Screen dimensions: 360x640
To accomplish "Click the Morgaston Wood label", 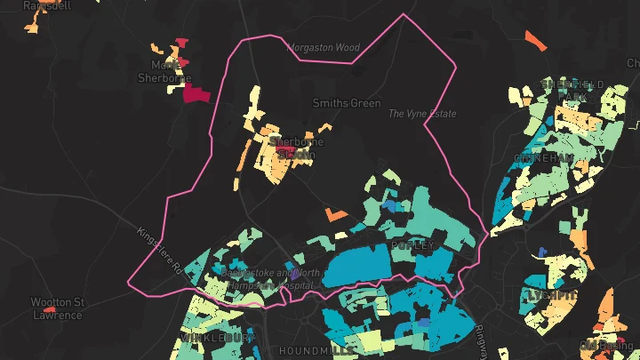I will pos(323,47).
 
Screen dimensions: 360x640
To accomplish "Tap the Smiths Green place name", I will pos(347,103).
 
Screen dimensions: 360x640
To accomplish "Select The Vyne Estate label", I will pos(422,114).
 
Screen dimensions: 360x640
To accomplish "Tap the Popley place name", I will pos(412,244).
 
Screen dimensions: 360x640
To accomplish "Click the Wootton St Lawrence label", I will pos(57,308).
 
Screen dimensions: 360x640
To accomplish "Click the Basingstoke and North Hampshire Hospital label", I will pos(271,279).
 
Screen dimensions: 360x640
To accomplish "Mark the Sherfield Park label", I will pos(576,89).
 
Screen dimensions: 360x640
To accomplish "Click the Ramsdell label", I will pos(46,5).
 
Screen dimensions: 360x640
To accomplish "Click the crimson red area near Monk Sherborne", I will pos(196,95).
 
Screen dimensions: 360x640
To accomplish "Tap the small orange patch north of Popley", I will pos(335,213).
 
